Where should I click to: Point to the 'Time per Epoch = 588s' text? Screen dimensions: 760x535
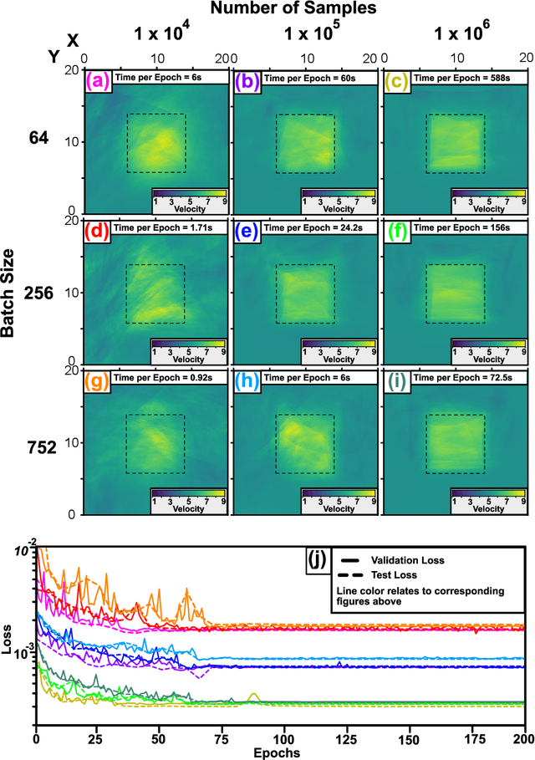466,78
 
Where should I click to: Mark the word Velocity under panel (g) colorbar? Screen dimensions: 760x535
190,508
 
